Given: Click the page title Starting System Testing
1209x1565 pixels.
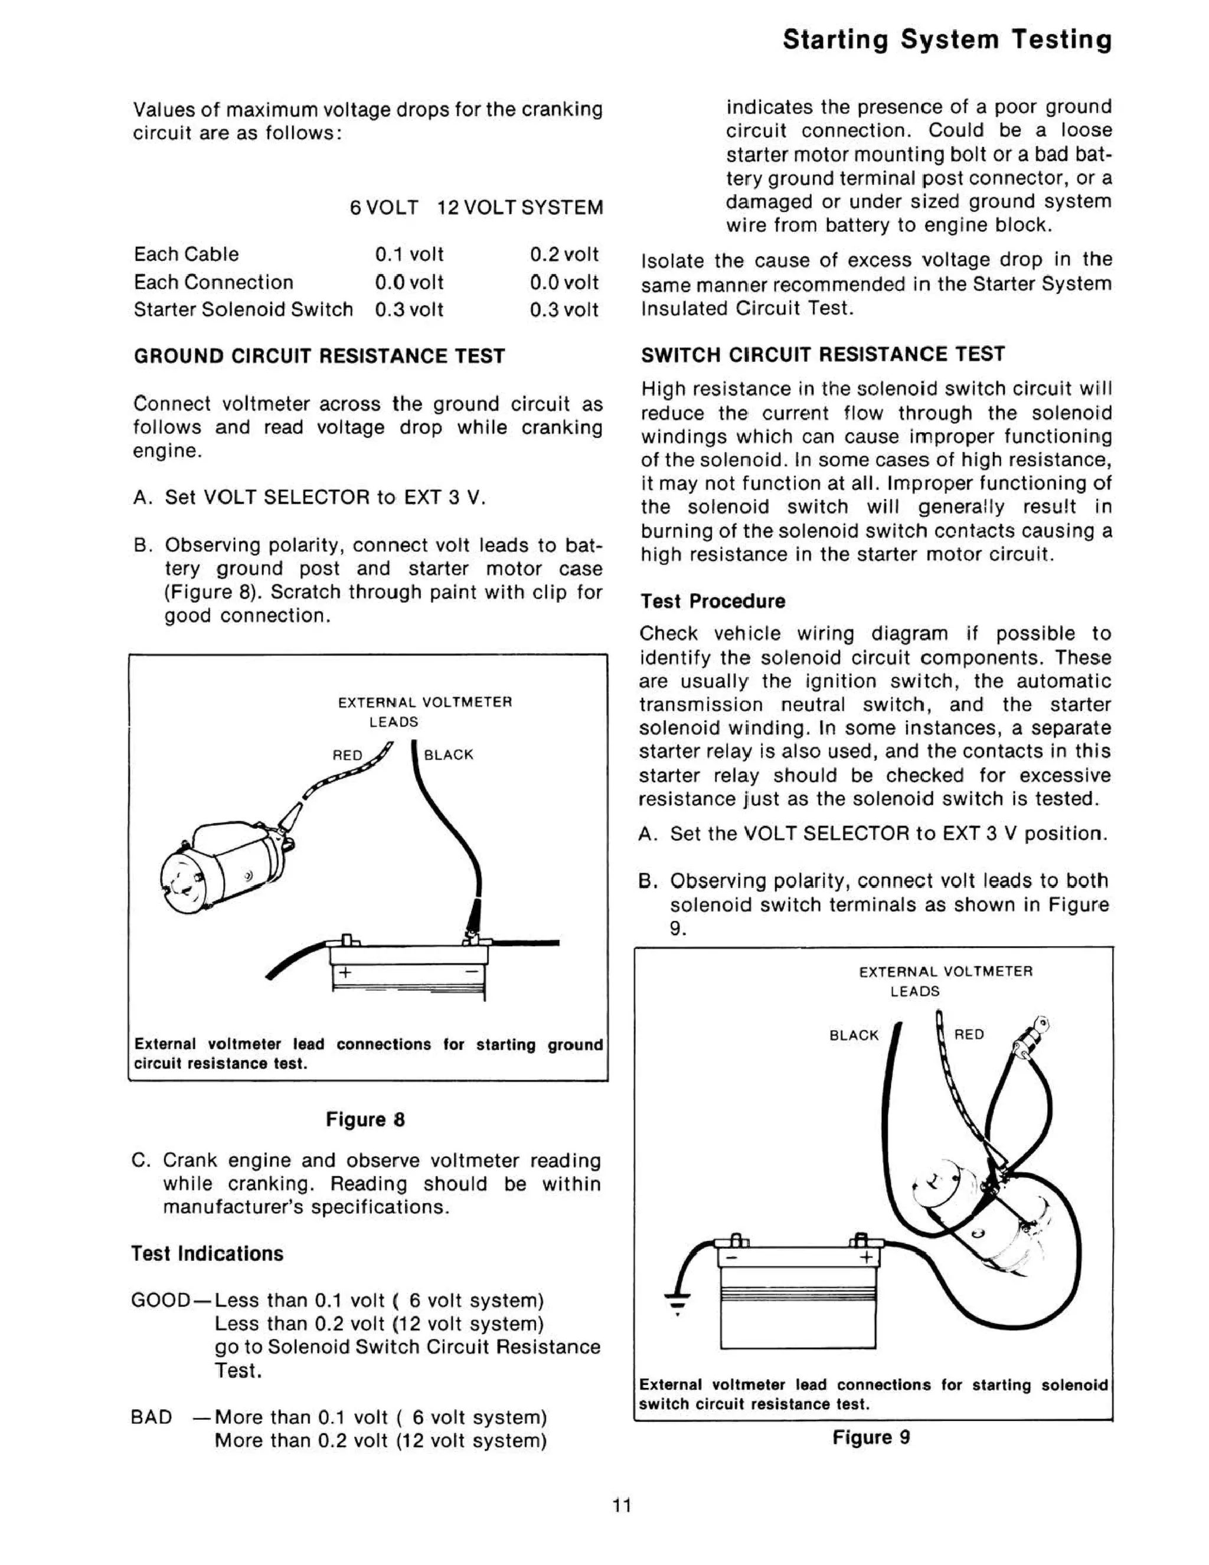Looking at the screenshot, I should tap(947, 40).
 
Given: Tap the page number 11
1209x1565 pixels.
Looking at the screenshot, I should tap(622, 1505).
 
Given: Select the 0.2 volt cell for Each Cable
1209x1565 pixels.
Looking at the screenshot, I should tap(564, 254).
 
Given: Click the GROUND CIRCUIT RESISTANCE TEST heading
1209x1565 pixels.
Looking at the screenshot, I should tap(319, 356).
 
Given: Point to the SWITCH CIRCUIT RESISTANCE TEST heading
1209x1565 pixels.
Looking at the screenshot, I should tap(823, 354).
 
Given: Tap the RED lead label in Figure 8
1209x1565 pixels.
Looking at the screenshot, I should tap(348, 755).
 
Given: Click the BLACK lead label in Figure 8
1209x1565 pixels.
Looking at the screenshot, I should tap(449, 754).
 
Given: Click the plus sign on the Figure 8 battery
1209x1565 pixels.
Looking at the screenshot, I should tap(345, 972).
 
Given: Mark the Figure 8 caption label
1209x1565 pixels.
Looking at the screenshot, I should tap(365, 1119).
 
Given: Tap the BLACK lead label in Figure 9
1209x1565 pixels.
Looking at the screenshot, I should tap(854, 1035).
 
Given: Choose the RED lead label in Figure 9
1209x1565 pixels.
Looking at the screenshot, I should tap(969, 1034).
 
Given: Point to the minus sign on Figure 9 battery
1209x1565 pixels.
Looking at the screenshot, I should tap(731, 1258).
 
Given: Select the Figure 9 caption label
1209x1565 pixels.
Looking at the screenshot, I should tap(871, 1437).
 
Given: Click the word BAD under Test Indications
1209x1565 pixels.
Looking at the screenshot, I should tap(151, 1417).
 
